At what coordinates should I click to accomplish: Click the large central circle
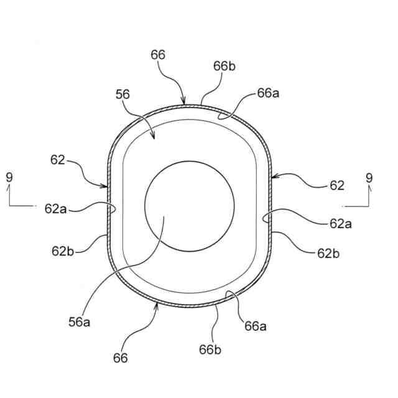[x=189, y=206]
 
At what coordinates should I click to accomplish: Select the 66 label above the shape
[x=158, y=55]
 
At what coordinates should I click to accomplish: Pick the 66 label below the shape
[x=121, y=358]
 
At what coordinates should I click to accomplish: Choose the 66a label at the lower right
[x=256, y=325]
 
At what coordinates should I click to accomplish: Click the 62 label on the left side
[x=57, y=160]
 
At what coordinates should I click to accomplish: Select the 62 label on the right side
[x=336, y=185]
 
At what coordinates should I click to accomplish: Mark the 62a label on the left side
[x=55, y=210]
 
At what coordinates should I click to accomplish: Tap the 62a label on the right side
[x=341, y=223]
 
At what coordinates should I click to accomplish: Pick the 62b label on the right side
[x=329, y=253]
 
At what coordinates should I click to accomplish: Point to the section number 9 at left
[x=9, y=177]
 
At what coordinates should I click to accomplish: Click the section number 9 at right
[x=369, y=178]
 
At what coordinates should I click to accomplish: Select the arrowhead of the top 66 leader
[x=184, y=104]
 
